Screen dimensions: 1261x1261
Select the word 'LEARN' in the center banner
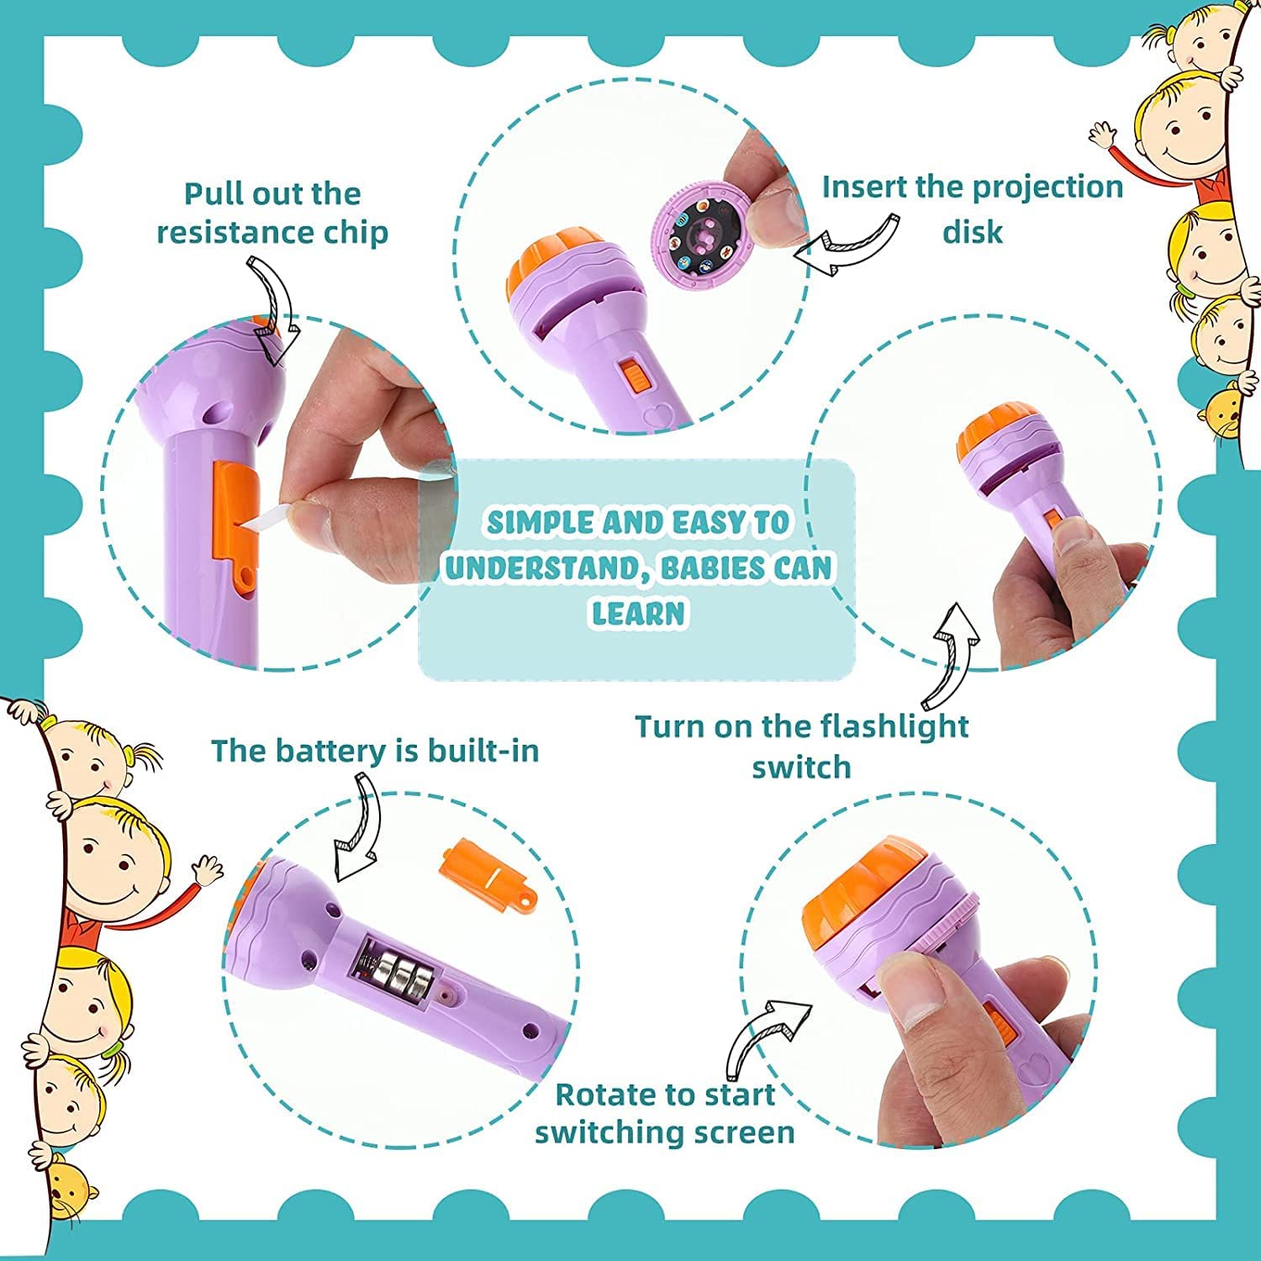638,614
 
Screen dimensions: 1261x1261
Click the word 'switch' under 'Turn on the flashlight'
801,768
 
